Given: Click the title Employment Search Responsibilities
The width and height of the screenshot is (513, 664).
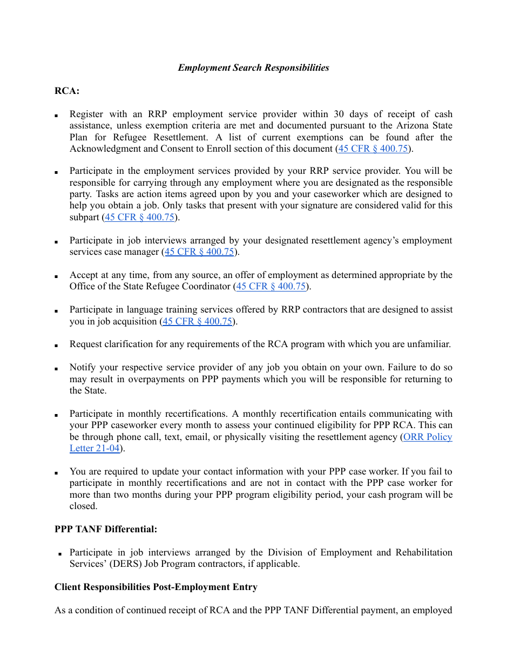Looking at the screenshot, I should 253,67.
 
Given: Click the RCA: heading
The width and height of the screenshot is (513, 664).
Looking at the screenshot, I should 67,91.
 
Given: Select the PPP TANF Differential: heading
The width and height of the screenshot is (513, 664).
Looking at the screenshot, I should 106,529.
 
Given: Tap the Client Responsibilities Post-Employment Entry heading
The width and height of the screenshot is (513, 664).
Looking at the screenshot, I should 156,587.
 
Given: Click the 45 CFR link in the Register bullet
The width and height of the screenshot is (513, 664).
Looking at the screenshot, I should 372,148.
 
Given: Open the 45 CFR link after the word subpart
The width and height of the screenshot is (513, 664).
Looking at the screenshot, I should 139,217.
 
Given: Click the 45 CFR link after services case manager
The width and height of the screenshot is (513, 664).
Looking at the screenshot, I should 199,252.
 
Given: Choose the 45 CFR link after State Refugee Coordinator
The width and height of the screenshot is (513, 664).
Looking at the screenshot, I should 271,286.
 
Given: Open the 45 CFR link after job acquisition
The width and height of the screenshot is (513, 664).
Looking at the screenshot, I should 197,321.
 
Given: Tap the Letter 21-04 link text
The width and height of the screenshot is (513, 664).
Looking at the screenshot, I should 94,448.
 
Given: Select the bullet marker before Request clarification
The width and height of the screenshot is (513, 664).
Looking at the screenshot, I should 56,345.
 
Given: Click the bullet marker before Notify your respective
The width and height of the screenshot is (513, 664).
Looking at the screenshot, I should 56,368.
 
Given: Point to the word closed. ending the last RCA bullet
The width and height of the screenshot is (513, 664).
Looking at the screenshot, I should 83,506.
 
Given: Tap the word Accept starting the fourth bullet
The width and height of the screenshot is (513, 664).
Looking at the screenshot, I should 83,275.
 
